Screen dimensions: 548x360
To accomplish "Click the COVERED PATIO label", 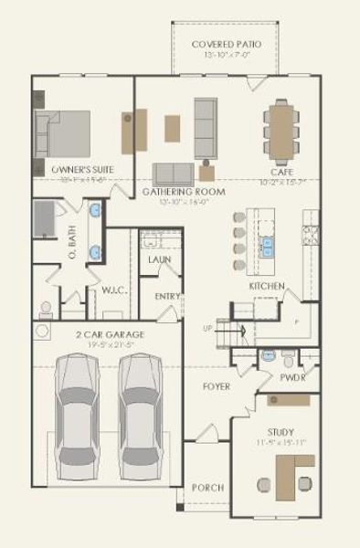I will [226, 44].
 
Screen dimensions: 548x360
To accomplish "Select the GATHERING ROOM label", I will [183, 192].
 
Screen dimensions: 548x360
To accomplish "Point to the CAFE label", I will [281, 172].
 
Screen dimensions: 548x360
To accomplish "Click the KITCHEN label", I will [267, 286].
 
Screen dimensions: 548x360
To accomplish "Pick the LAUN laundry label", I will [159, 259].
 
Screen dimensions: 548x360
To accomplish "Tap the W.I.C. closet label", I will [113, 290].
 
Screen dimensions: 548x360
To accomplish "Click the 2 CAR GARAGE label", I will [110, 335].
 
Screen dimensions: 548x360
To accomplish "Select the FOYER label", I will [216, 386].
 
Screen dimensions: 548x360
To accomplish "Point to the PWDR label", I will [292, 376].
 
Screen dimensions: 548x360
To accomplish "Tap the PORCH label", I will [207, 488].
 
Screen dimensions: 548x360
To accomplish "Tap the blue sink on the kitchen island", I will [269, 244].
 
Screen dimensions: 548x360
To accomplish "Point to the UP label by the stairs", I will [207, 328].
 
